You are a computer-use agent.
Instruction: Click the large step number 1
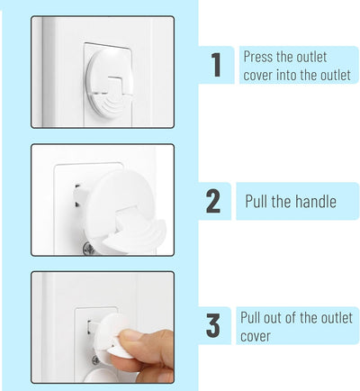[x=217, y=65]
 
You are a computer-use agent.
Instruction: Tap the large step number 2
[x=213, y=202]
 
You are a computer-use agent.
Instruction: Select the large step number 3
[x=213, y=325]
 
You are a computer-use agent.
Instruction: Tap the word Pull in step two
[x=256, y=201]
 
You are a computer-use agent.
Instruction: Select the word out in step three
[x=272, y=318]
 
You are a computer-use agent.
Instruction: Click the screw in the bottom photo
[x=95, y=360]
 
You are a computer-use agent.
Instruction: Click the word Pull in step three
[x=250, y=318]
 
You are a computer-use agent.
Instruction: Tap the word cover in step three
[x=256, y=337]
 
